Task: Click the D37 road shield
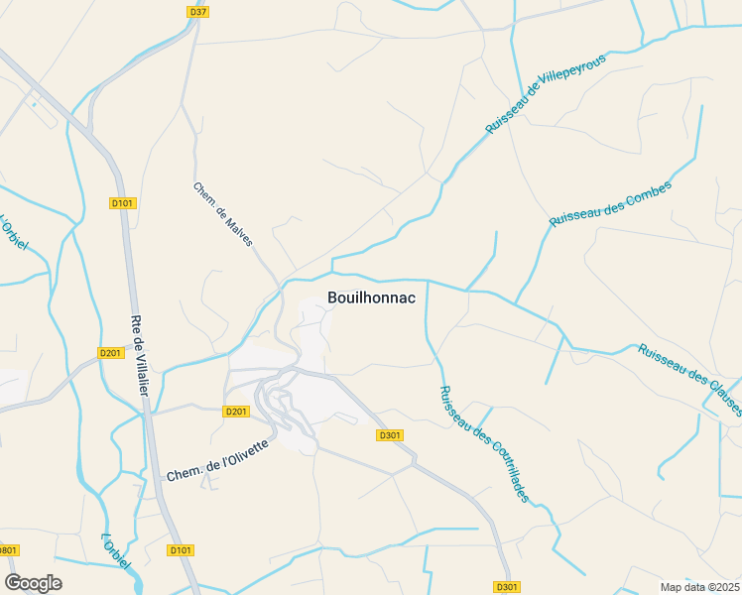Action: pos(197,12)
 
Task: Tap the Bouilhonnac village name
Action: pos(371,297)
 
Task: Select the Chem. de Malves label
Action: pos(223,214)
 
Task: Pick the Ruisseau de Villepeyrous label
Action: pos(545,95)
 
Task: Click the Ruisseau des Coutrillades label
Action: pos(484,443)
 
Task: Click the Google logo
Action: pos(33,583)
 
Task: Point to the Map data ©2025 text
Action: pos(699,587)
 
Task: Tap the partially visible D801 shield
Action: pos(8,550)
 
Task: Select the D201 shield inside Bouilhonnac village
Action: pos(236,412)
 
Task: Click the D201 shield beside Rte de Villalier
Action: pos(109,353)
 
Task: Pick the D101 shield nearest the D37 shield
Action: pos(122,203)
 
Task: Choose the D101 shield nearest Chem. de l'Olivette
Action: pos(181,550)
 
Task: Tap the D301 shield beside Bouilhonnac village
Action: pos(389,435)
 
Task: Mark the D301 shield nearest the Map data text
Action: pos(507,587)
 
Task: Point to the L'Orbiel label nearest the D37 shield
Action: pos(14,233)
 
